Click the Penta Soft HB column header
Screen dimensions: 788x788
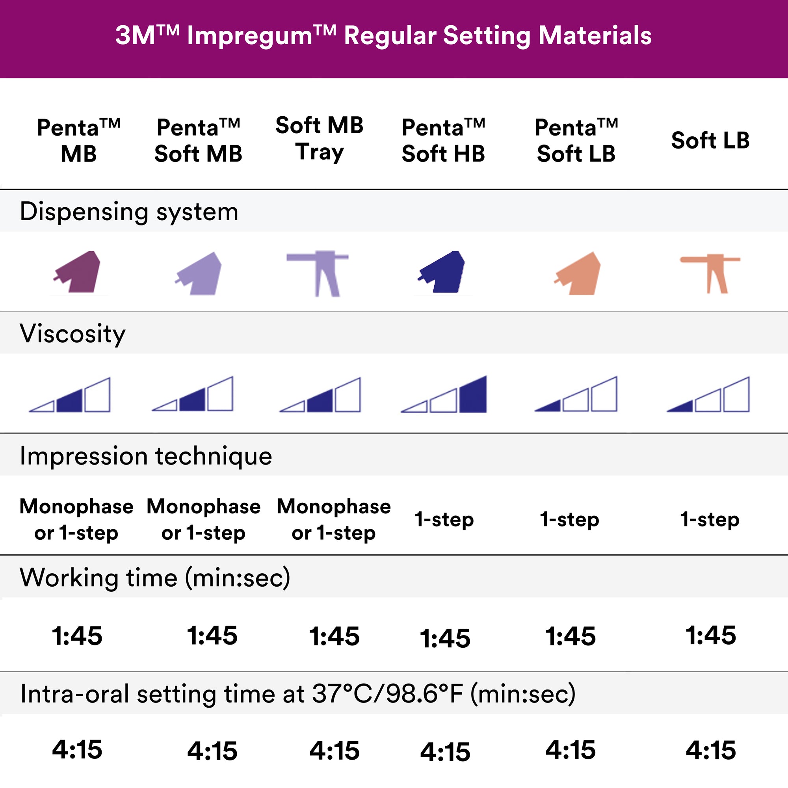click(x=443, y=140)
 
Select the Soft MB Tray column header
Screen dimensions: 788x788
click(x=320, y=139)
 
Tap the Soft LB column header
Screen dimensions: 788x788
click(x=710, y=140)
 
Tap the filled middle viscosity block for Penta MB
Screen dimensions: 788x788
click(x=70, y=401)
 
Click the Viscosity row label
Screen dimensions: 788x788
click(x=72, y=334)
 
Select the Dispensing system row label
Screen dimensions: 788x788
click(x=129, y=212)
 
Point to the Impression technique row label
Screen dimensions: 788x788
click(x=146, y=455)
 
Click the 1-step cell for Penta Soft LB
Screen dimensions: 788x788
click(x=569, y=519)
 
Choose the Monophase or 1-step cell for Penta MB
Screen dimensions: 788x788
click(x=76, y=519)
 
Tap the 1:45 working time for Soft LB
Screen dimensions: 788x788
click(x=710, y=635)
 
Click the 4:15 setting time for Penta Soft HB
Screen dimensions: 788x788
click(x=445, y=752)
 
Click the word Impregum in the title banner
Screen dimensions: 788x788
click(x=250, y=36)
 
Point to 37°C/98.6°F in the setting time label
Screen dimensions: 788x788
click(x=387, y=694)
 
